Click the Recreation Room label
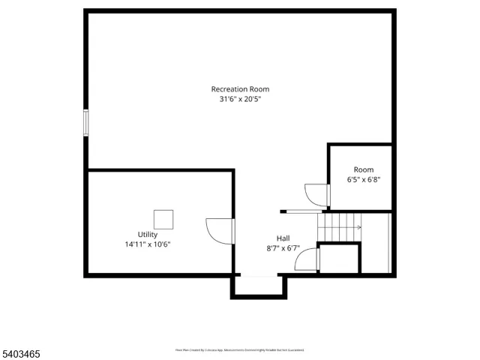tap(240, 89)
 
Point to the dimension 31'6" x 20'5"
tap(240, 99)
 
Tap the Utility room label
tap(148, 235)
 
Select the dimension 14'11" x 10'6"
tap(148, 244)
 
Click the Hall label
tap(283, 238)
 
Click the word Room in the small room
tap(364, 170)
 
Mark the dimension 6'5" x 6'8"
tap(364, 180)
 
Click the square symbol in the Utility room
tap(163, 219)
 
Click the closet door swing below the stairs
tap(307, 259)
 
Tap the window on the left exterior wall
tap(85, 122)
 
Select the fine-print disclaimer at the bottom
tap(240, 349)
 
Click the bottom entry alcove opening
tap(259, 276)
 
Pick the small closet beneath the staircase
tap(339, 258)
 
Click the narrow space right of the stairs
tap(376, 244)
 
